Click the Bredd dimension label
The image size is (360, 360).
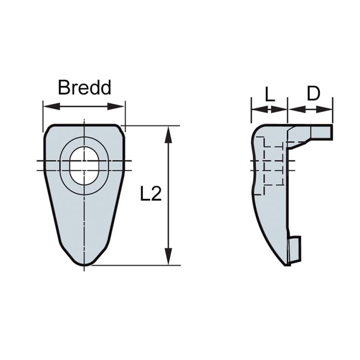tap(84, 87)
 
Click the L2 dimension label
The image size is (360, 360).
tap(151, 194)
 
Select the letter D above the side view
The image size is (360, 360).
tap(313, 94)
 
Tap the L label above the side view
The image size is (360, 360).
tap(269, 94)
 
